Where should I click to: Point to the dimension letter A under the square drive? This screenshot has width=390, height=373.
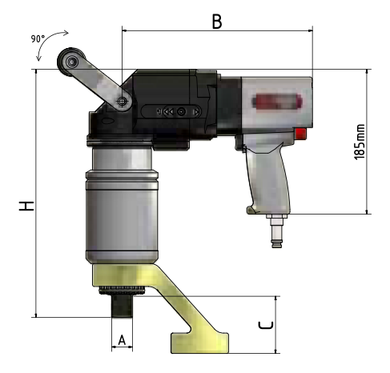(122, 340)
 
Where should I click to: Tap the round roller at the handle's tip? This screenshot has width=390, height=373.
(70, 63)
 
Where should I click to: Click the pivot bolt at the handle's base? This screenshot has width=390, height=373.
(123, 102)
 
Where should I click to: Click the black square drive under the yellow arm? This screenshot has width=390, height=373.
(122, 305)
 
